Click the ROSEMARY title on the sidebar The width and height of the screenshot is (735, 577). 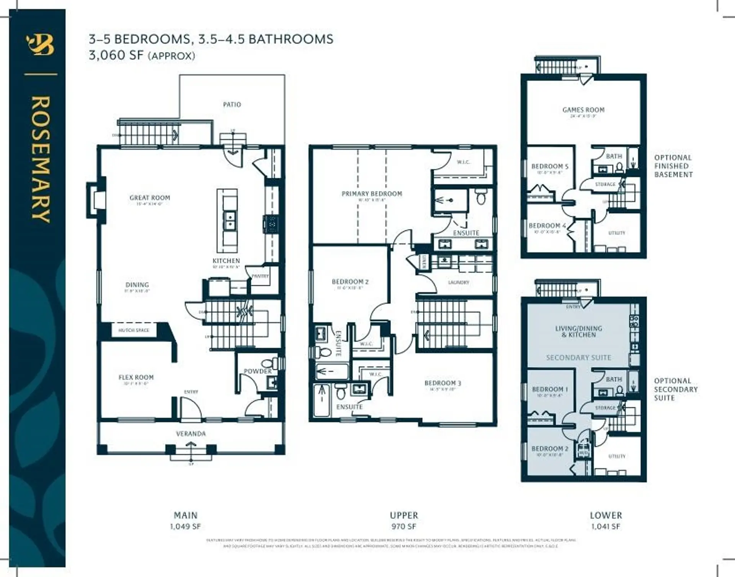40,159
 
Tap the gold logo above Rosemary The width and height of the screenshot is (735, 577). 40,45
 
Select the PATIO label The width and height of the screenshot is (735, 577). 232,104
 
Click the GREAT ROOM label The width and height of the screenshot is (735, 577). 150,198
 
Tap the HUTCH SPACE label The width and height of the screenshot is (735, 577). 134,330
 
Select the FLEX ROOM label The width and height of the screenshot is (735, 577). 136,377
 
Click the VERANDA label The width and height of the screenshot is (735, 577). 191,434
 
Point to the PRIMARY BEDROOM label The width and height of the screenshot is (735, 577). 372,194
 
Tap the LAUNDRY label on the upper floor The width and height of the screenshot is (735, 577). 458,282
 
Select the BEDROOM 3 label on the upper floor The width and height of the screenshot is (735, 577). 443,383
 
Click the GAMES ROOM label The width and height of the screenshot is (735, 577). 583,110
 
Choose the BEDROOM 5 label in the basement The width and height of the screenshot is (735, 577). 550,166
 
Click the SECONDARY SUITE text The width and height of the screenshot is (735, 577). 578,357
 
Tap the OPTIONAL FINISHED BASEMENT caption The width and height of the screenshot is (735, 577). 673,166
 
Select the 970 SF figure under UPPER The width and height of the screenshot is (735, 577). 403,526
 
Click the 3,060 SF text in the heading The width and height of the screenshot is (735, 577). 116,55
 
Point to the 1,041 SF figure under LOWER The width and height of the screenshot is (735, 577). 606,526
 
